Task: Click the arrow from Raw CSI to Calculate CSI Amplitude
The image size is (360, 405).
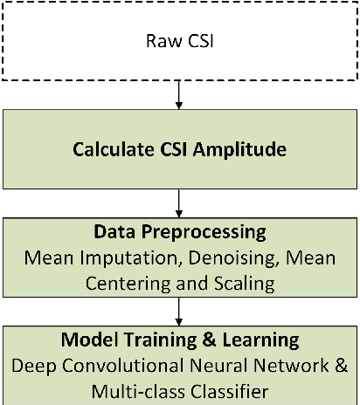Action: (x=179, y=93)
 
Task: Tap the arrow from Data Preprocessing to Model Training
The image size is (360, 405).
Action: (x=179, y=311)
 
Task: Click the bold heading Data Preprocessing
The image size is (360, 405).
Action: (x=178, y=234)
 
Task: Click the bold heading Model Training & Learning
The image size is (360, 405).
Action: (x=179, y=339)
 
